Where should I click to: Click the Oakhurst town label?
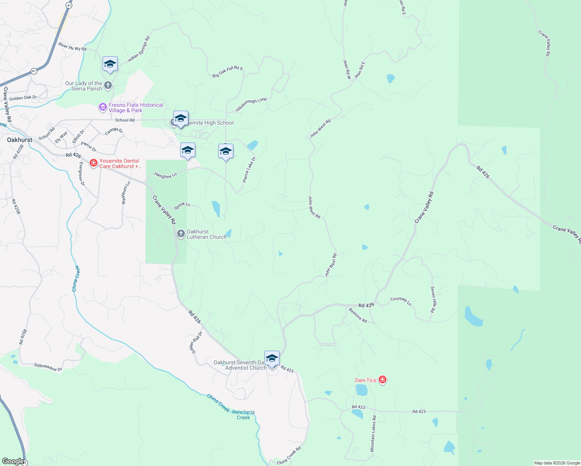pyautogui.click(x=20, y=140)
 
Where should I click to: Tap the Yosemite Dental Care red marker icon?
pyautogui.click(x=93, y=163)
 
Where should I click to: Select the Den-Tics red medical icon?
pyautogui.click(x=383, y=380)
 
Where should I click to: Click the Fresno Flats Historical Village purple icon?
pyautogui.click(x=103, y=107)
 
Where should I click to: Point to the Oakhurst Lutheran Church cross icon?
pyautogui.click(x=181, y=234)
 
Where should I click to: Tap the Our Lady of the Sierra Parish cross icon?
pyautogui.click(x=108, y=85)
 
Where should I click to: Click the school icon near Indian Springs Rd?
pyautogui.click(x=110, y=64)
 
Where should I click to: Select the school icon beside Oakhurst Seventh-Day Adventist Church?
pyautogui.click(x=272, y=358)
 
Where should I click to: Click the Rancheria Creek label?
pyautogui.click(x=244, y=415)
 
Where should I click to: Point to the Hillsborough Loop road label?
pyautogui.click(x=251, y=105)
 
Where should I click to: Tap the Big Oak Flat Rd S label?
pyautogui.click(x=228, y=72)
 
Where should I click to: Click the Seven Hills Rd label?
pyautogui.click(x=433, y=299)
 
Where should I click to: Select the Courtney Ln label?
pyautogui.click(x=401, y=301)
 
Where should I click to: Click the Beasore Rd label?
pyautogui.click(x=358, y=315)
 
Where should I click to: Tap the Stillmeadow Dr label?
pyautogui.click(x=48, y=367)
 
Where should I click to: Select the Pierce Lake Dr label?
pyautogui.click(x=249, y=170)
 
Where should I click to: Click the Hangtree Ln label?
pyautogui.click(x=165, y=176)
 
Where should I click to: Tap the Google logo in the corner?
pyautogui.click(x=13, y=461)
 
